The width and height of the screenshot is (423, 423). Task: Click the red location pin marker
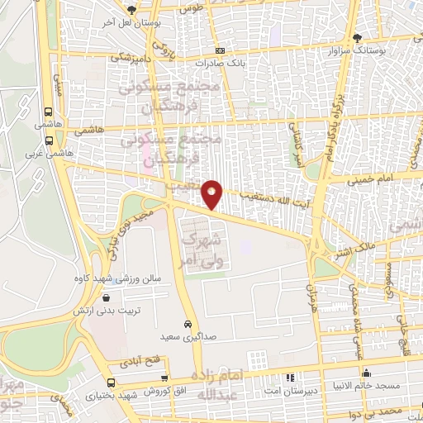point(213,193)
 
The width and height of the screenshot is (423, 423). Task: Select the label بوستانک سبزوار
point(357,50)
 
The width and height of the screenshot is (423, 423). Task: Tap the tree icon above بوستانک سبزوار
point(357,38)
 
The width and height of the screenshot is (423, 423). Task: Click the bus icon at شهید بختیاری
point(112,382)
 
